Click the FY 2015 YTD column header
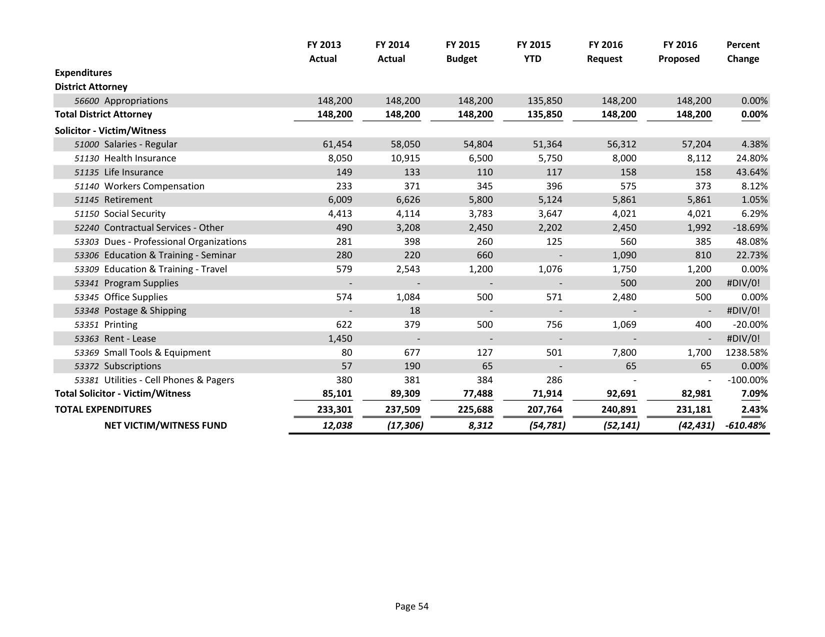pos(533,51)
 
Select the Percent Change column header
pos(742,51)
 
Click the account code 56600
pos(86,101)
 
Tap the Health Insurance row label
pos(140,158)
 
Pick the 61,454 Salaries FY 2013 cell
pos(336,144)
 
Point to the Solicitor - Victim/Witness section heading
pos(110,131)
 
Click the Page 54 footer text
pos(411,607)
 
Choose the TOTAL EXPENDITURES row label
pos(102,410)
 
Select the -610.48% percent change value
pos(745,426)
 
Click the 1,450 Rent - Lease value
pos(340,339)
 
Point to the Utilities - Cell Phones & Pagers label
pos(169,380)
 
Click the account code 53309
pos(86,269)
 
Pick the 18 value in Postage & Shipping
pos(414,311)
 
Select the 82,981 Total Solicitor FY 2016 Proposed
pos(695,394)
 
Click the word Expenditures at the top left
pos(83,73)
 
